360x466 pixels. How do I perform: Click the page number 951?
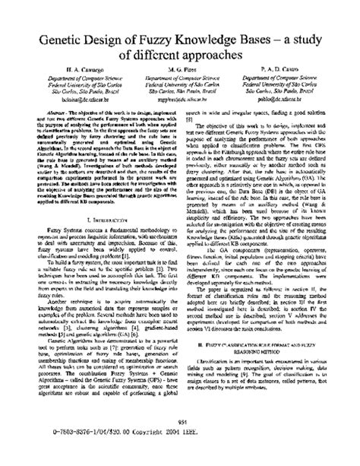point(180,443)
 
